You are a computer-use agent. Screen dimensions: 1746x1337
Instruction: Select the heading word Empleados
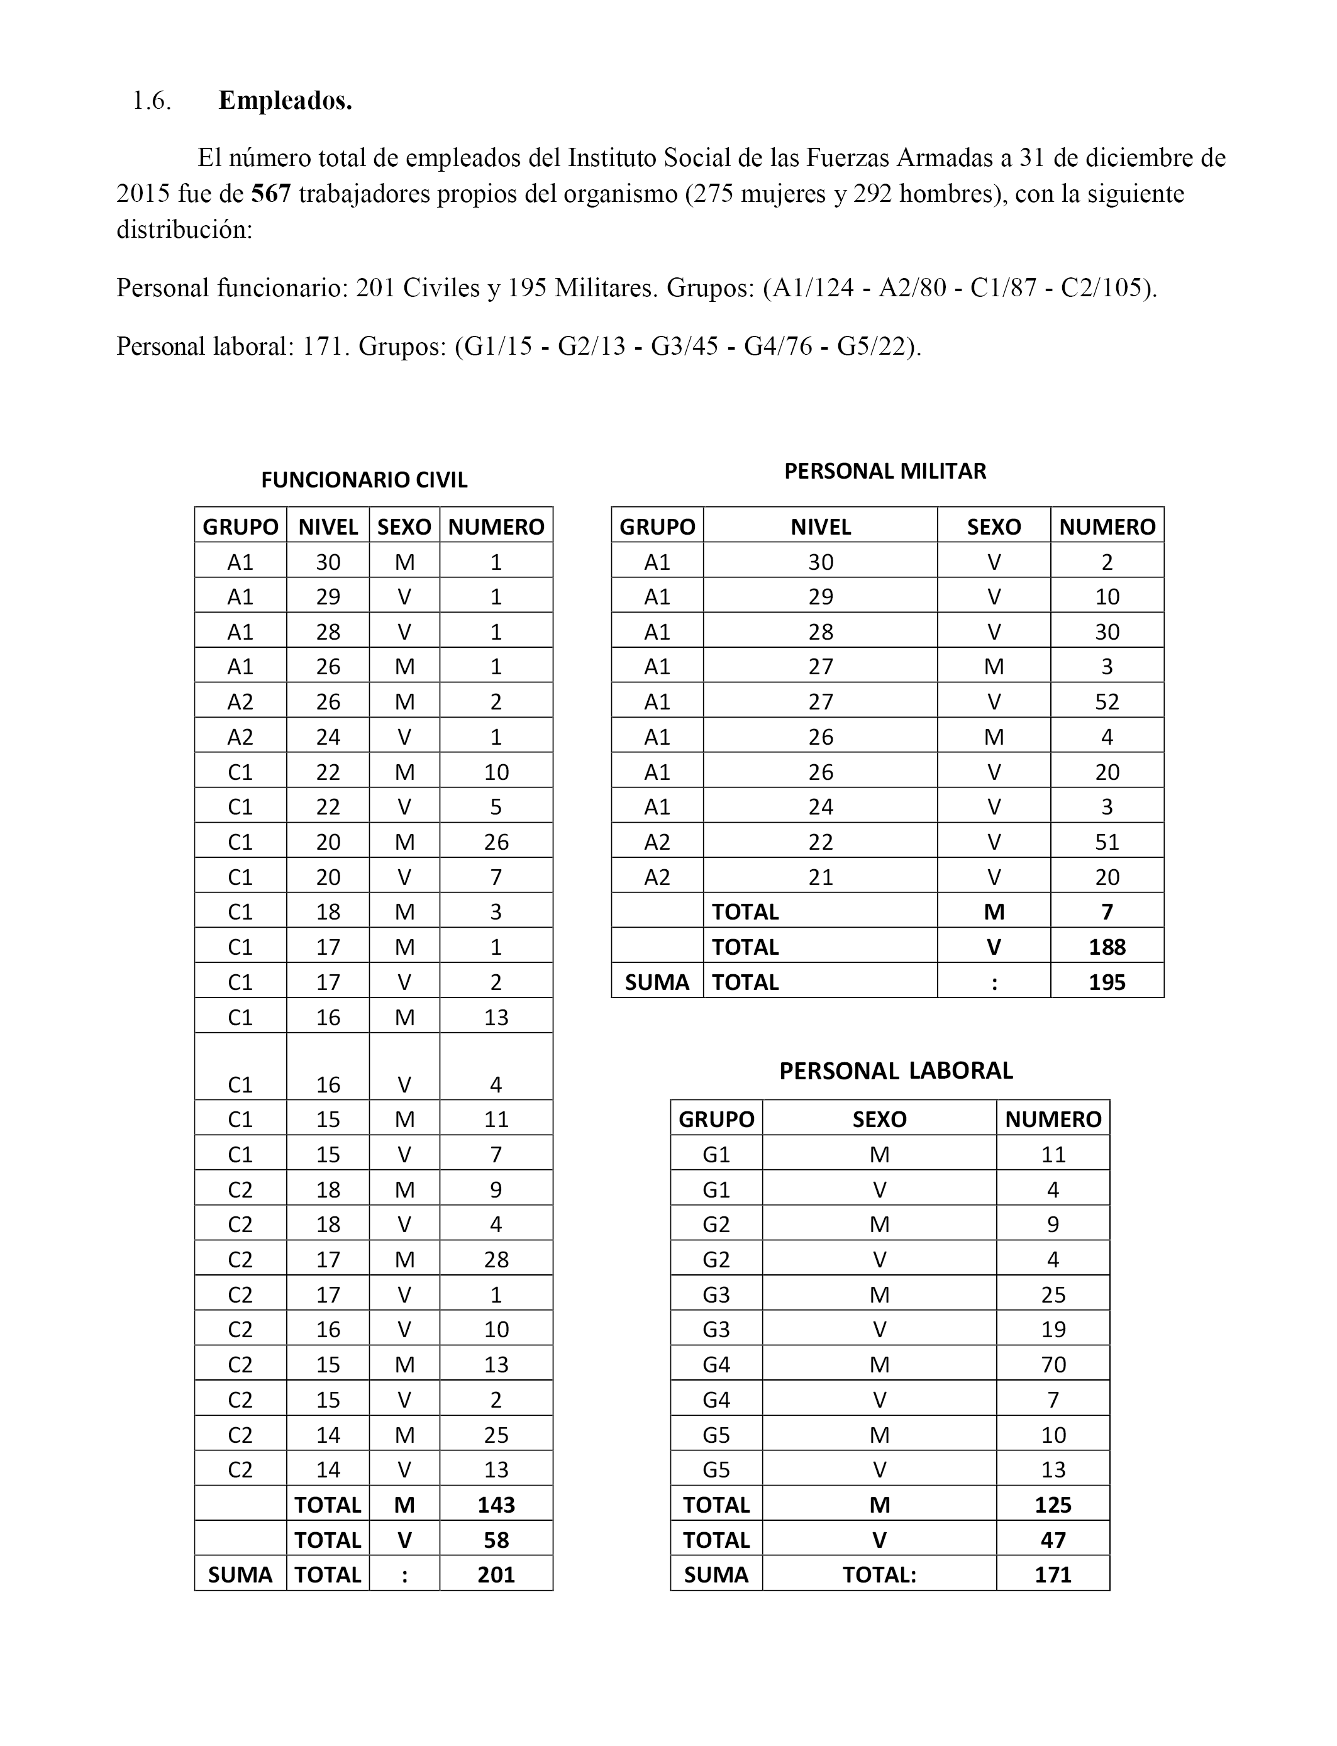285,101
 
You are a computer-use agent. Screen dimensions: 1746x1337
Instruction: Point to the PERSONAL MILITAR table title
885,471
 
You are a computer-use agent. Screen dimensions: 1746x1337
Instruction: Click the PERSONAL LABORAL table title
896,1071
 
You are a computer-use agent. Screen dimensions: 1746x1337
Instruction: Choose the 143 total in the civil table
496,1505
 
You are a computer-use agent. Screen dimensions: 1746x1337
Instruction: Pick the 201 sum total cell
496,1575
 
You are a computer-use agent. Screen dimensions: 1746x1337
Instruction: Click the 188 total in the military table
1106,947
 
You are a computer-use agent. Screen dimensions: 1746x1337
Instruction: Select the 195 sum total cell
1106,982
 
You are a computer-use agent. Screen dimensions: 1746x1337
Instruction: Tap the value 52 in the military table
1106,702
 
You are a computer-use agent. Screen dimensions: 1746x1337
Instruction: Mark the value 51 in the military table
1106,842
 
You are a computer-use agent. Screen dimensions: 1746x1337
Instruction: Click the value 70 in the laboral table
1053,1365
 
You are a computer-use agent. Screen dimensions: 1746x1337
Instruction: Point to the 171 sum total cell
1053,1575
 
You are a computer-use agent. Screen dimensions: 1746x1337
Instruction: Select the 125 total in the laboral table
1053,1505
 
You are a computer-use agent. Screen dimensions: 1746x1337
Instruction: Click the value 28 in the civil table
496,1260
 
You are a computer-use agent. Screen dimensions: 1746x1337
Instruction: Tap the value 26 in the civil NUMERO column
496,842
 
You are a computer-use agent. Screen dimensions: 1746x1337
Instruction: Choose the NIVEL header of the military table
821,527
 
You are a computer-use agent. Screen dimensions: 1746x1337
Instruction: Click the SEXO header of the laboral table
879,1120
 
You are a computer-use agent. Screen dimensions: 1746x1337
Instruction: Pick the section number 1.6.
151,101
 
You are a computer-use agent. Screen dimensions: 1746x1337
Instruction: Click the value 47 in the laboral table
1053,1540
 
